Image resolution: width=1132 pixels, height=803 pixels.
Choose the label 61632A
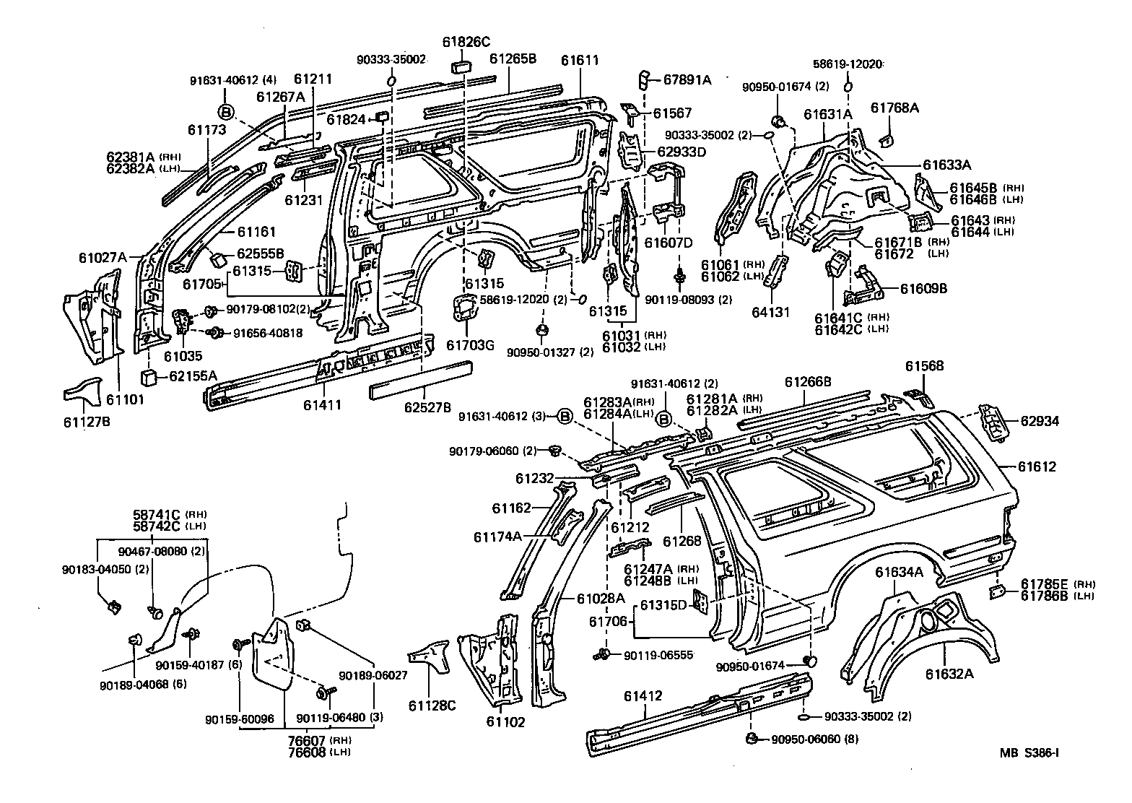click(950, 674)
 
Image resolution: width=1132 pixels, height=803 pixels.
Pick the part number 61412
click(643, 696)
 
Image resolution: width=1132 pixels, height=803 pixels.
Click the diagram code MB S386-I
click(1029, 753)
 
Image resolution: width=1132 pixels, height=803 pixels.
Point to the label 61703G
click(470, 345)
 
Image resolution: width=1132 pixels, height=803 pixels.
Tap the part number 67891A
click(687, 80)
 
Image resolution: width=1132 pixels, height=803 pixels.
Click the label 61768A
click(894, 108)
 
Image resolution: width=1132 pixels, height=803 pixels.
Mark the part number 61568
click(924, 366)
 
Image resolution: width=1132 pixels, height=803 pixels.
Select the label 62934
click(1040, 421)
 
